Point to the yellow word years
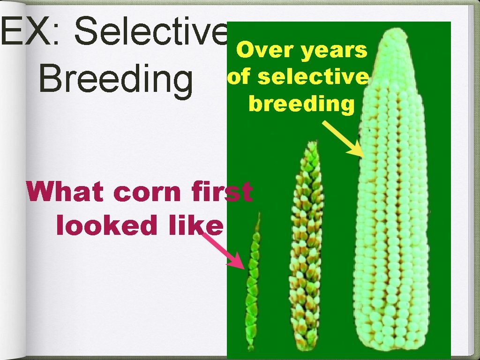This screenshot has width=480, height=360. [334, 51]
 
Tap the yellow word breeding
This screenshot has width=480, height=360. [302, 103]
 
